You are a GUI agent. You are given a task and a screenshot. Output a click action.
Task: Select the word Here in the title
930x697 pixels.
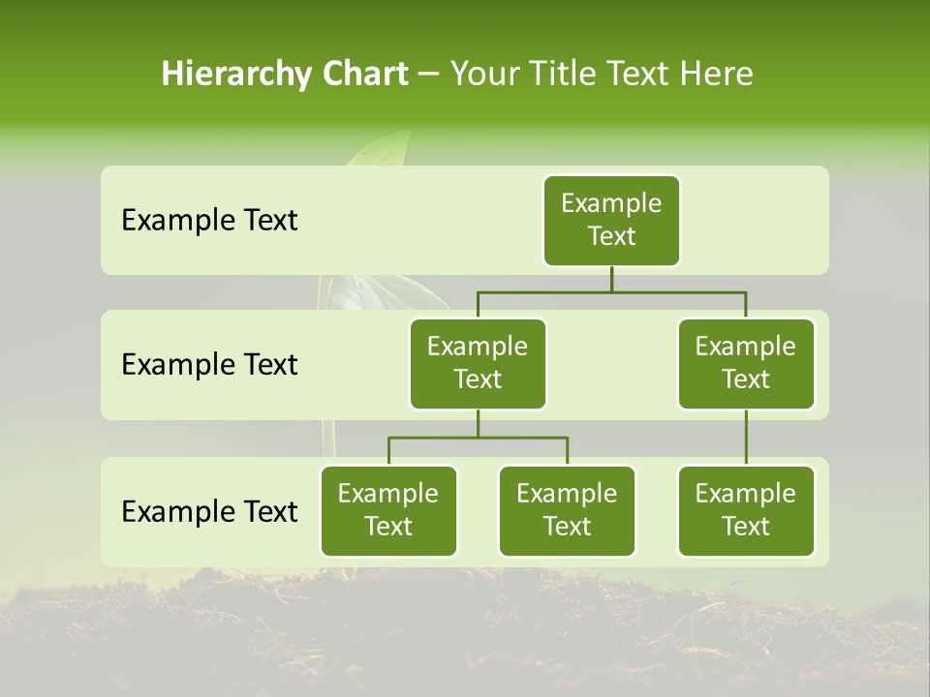[x=715, y=74]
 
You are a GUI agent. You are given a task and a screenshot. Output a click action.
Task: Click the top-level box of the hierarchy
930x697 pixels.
[x=611, y=221]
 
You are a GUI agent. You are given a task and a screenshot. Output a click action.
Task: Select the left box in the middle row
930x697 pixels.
[x=478, y=363]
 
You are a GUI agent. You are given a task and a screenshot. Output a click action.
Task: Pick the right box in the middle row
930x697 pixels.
[x=746, y=363]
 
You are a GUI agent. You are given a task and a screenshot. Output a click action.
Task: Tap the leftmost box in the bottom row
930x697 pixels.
[x=388, y=510]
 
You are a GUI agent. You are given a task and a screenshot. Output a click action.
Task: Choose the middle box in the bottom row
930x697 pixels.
[x=567, y=510]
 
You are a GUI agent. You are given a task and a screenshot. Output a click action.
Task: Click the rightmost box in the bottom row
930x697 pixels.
[x=746, y=510]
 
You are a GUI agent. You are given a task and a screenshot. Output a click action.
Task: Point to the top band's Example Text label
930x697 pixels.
[x=209, y=221]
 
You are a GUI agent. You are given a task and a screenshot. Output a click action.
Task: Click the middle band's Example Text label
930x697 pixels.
[x=209, y=365]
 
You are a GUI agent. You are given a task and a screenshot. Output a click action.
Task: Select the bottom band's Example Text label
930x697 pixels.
[x=209, y=511]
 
